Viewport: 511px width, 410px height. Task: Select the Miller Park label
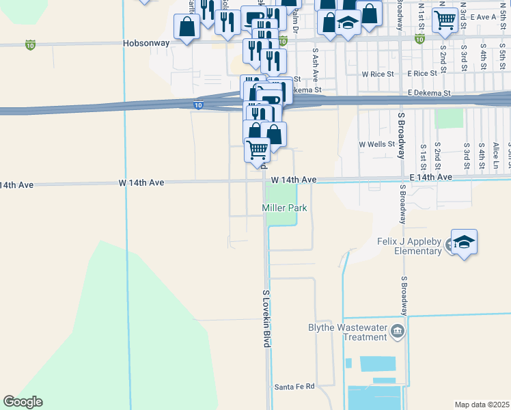[x=284, y=208]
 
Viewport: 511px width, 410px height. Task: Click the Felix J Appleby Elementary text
[x=409, y=246]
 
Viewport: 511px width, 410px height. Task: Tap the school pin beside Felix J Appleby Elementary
[x=464, y=243]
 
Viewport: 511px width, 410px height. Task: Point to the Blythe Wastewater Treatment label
[x=348, y=332]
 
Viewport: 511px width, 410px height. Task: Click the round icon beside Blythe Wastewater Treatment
[x=398, y=332]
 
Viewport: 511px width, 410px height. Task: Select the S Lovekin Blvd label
[x=266, y=318]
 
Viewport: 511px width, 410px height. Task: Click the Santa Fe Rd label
[x=294, y=387]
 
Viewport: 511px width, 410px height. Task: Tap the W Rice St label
[x=378, y=74]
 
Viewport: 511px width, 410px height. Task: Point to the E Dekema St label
[x=429, y=93]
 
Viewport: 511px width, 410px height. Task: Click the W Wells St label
[x=377, y=145]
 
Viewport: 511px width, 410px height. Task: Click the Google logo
[x=23, y=402]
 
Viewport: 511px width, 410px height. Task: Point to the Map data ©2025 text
[x=481, y=405]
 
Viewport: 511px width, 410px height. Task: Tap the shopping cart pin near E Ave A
[x=445, y=20]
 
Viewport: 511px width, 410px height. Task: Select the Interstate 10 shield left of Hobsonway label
[x=29, y=45]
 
